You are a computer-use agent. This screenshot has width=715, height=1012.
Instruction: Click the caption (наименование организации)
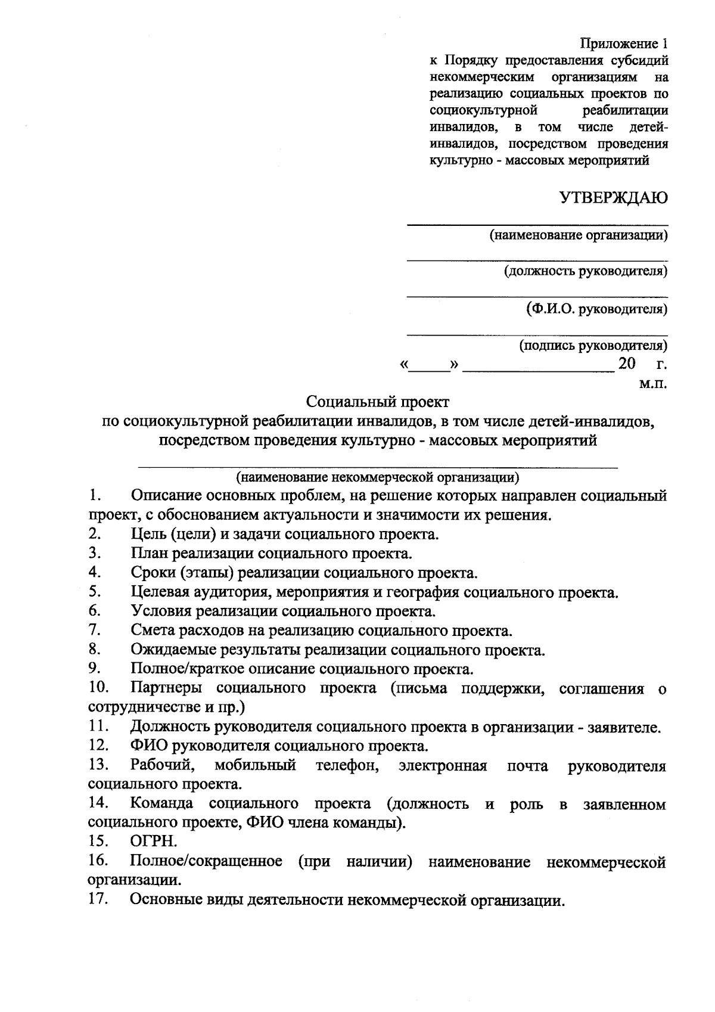coord(578,235)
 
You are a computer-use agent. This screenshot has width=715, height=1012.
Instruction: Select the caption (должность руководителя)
coord(586,272)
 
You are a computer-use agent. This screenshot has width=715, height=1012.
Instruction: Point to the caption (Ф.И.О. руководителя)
coord(596,309)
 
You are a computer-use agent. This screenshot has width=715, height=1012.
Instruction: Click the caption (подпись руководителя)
coord(593,346)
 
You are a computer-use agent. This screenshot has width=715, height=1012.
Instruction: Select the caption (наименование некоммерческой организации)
coord(378,477)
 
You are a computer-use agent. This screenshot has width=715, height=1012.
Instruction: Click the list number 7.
coord(94,629)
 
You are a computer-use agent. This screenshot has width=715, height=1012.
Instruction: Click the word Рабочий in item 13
coord(161,765)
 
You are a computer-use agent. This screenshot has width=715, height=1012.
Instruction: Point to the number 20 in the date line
coord(627,364)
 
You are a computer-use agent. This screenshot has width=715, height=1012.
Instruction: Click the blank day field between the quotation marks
coord(430,365)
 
